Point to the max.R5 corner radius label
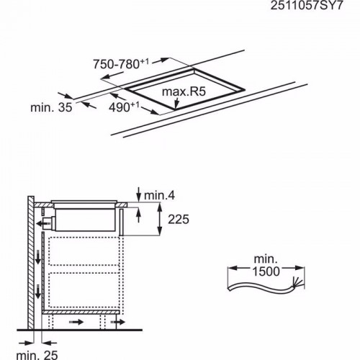point(184,92)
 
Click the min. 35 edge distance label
point(51,108)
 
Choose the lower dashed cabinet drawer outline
point(81,291)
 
